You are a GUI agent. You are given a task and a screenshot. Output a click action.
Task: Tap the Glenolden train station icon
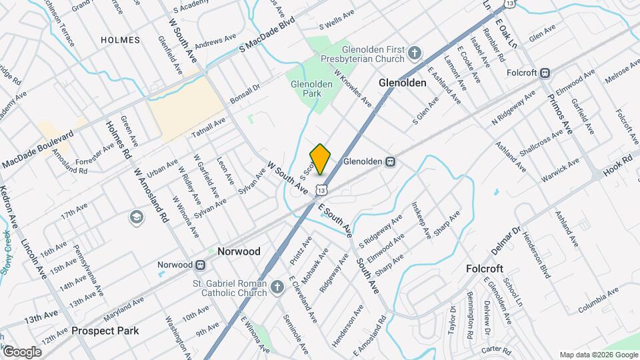(391, 161)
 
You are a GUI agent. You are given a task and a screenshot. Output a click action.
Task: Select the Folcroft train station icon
(545, 73)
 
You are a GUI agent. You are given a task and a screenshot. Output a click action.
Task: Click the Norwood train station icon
(199, 265)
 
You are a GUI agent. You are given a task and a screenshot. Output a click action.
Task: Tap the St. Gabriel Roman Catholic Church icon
(278, 288)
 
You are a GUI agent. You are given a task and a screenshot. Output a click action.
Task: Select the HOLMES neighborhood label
(120, 40)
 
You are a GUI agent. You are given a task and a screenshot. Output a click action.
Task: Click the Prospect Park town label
(105, 331)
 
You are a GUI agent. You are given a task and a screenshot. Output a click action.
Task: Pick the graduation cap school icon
(136, 217)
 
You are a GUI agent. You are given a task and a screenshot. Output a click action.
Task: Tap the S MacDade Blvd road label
(266, 41)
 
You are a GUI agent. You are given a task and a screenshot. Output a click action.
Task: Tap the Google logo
(22, 351)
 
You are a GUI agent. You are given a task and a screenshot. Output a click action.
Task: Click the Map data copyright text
(597, 355)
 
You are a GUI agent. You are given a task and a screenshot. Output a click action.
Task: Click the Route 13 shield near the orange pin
(321, 190)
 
